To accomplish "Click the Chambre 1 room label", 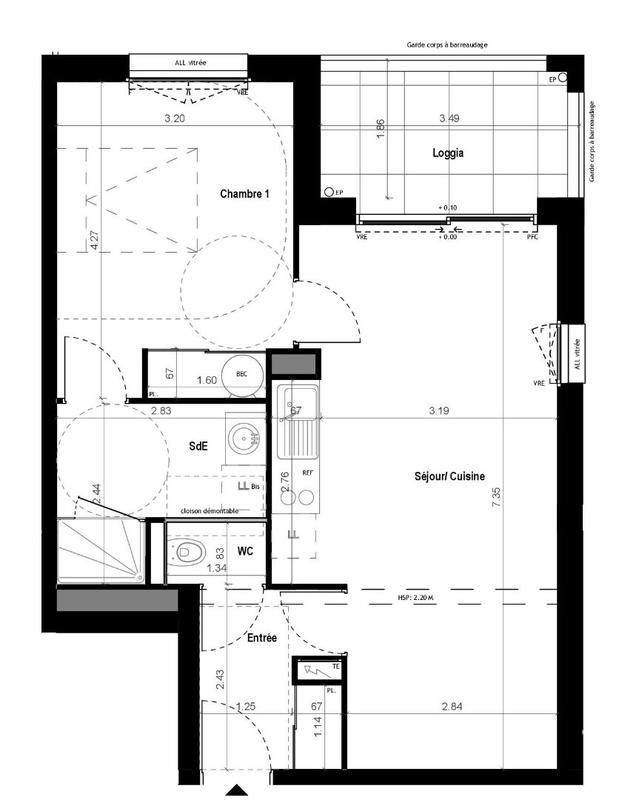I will click(246, 195).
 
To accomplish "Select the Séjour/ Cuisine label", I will click(451, 477).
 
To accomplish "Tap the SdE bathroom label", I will click(197, 446).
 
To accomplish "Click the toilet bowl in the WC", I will click(189, 552).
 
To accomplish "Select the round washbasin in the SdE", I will click(241, 437).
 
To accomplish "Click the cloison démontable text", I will click(211, 511).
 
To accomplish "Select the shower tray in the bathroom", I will click(100, 551).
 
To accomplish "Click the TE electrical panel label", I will click(337, 667).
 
